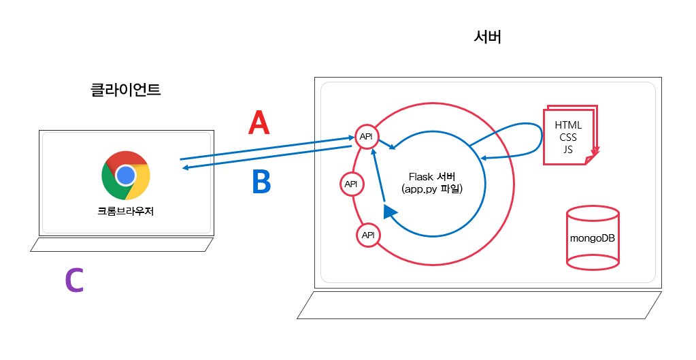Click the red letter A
(259, 123)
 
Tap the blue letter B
(261, 182)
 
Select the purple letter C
(74, 281)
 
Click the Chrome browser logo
(126, 176)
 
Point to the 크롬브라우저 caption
(126, 211)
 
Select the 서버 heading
(487, 38)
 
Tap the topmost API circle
(366, 137)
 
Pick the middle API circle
(351, 184)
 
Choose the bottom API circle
(368, 235)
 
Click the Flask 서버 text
(432, 177)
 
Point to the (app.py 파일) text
(432, 189)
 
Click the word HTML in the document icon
(568, 125)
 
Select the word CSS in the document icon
(568, 137)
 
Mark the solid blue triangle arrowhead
(389, 212)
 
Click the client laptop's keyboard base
(122, 245)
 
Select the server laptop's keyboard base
(479, 305)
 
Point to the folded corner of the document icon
(591, 159)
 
